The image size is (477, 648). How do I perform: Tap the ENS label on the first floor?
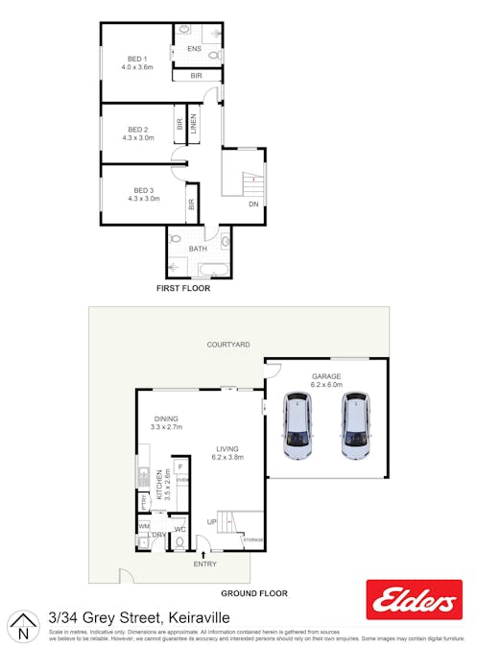coord(194,48)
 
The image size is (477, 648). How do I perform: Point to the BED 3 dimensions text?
coord(143,199)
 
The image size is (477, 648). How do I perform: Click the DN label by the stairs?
coord(253,204)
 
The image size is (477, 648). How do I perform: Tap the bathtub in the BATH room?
coord(197,265)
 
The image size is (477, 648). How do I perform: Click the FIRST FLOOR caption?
coord(183,288)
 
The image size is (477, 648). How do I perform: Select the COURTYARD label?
coord(228,344)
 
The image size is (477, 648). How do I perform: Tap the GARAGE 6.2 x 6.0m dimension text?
coord(326,385)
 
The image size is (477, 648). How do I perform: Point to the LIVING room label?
coord(227,448)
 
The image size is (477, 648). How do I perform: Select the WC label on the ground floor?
coord(179,530)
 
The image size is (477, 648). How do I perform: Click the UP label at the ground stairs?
coord(211,521)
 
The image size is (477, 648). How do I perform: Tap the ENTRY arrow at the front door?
coord(203,554)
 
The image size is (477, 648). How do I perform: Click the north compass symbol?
coord(22,629)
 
